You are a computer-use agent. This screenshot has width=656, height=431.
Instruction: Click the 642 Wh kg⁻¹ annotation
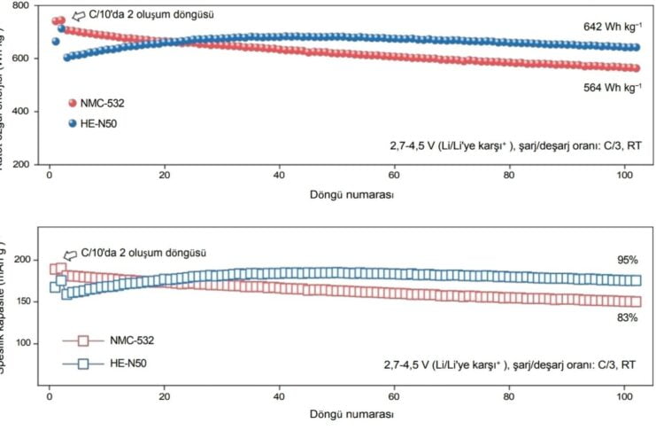pos(610,28)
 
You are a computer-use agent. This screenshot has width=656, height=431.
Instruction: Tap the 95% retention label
pos(628,260)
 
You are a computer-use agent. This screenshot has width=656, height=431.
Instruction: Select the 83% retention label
pos(628,316)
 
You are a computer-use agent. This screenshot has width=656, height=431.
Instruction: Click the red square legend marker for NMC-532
pos(83,340)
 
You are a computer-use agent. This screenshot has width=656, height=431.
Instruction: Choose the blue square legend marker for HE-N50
pos(83,363)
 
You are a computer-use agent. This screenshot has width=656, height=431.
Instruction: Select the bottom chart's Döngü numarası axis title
pos(352,414)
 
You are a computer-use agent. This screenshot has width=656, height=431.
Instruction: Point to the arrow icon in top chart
pos(77,15)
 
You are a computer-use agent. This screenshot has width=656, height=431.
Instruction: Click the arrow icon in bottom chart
pos(71,254)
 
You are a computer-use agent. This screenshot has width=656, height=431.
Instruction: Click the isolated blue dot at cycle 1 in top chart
pos(56,41)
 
